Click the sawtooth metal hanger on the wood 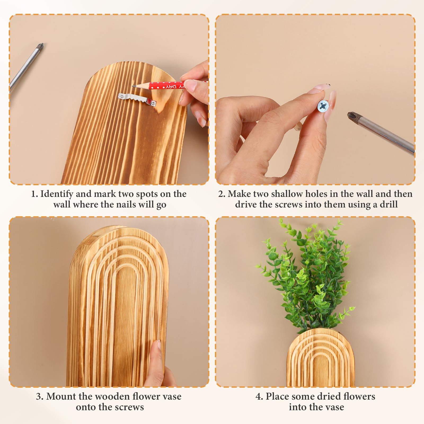137,99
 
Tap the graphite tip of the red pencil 133,86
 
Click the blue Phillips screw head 323,106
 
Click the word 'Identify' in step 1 57,194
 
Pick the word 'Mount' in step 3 61,396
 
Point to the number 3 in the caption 39,397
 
